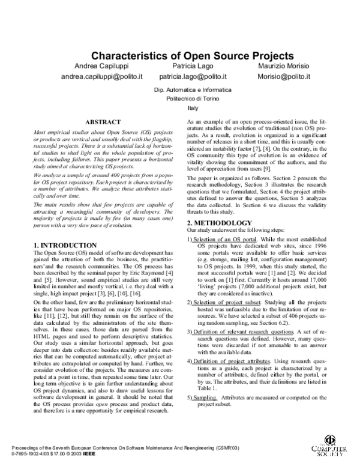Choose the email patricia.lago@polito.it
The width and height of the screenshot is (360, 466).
point(193,77)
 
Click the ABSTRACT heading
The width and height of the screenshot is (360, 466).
point(103,122)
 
